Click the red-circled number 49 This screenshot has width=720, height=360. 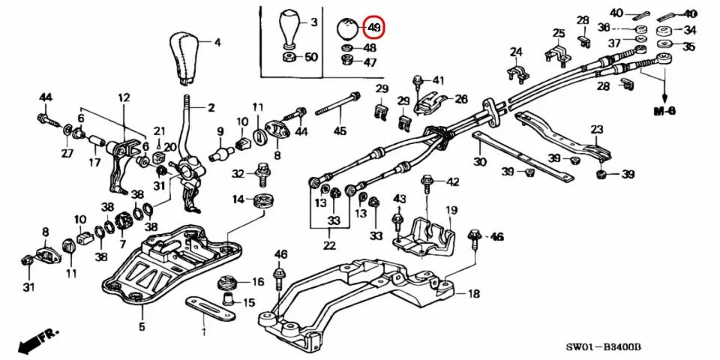(x=373, y=28)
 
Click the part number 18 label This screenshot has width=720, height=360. (x=474, y=294)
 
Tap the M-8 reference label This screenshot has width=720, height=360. (x=664, y=110)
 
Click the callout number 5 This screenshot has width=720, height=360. (x=142, y=326)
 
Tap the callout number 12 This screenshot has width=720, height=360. (x=124, y=97)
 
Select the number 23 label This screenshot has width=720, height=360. (x=597, y=129)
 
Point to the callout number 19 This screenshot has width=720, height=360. (x=451, y=210)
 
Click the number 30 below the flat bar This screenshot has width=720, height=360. (x=480, y=161)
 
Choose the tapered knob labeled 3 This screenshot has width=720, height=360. (x=289, y=31)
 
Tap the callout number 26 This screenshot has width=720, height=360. (x=460, y=98)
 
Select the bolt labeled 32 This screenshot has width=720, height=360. (x=263, y=173)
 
